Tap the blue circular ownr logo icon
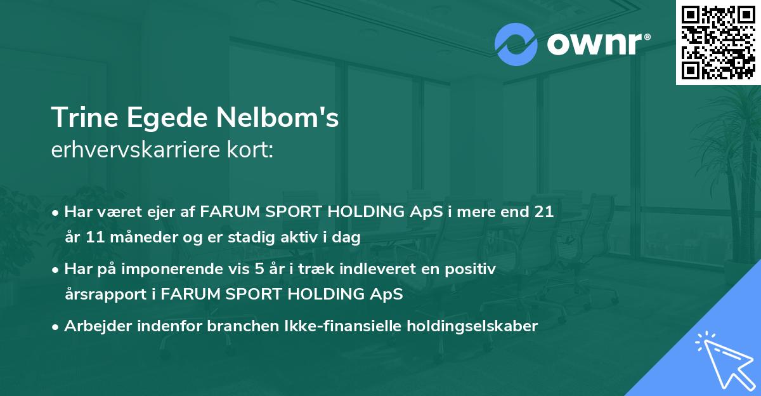pos(517,44)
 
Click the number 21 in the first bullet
pos(544,212)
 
